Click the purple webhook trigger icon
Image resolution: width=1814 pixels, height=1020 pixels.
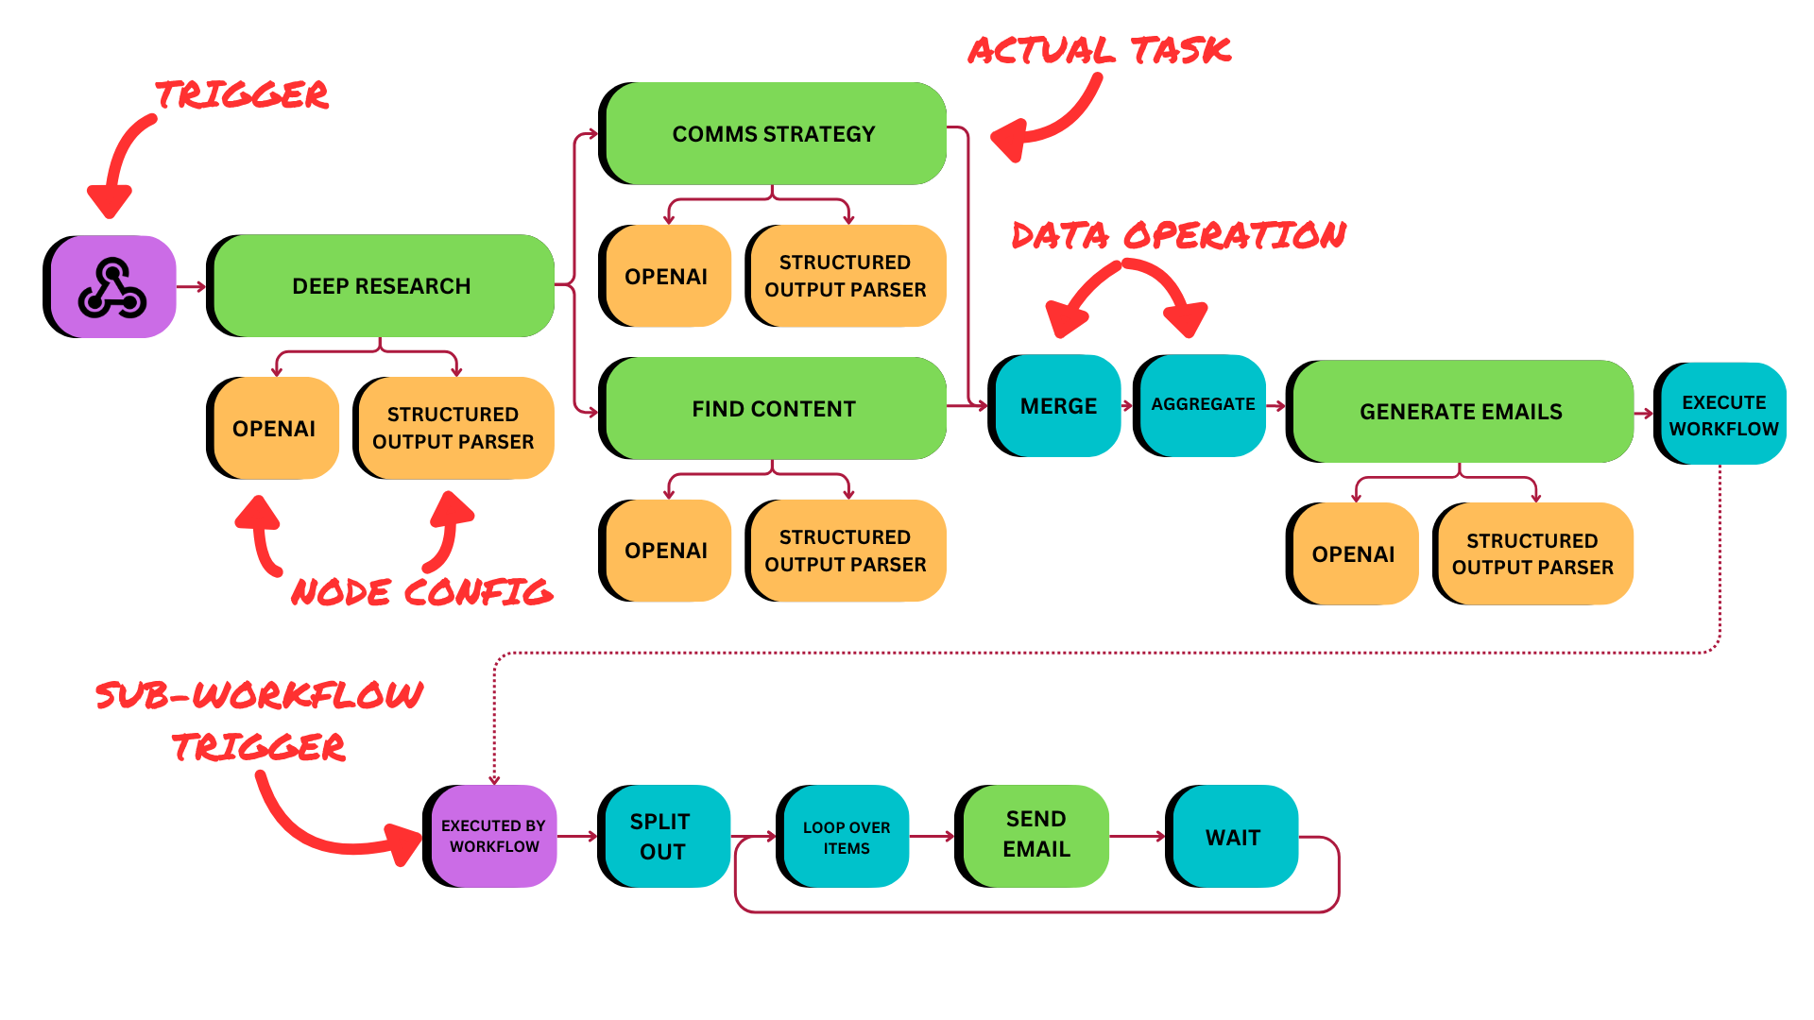[x=113, y=286]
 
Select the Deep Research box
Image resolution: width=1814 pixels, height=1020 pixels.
[x=383, y=286]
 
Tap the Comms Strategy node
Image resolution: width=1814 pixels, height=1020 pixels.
[x=775, y=134]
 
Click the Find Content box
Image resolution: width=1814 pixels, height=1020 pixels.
[x=775, y=409]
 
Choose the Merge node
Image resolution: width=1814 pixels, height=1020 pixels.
[x=1058, y=406]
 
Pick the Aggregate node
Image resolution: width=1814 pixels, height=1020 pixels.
[x=1203, y=405]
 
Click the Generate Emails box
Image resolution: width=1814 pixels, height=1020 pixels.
[x=1462, y=412]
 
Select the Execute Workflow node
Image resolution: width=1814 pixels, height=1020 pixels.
[x=1723, y=415]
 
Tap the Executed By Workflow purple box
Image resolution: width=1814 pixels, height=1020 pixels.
[x=494, y=836]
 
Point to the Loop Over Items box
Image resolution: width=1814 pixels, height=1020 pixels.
[x=847, y=837]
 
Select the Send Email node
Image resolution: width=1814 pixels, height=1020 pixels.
[x=1036, y=835]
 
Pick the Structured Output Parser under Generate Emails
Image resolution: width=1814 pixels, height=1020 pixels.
[x=1534, y=554]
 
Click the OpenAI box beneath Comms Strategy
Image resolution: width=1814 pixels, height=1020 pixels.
[x=668, y=277]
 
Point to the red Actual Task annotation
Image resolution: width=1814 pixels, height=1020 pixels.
[x=1100, y=51]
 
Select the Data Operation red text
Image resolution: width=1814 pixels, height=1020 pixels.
[x=1178, y=235]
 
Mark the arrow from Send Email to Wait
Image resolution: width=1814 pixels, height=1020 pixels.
[x=1139, y=836]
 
